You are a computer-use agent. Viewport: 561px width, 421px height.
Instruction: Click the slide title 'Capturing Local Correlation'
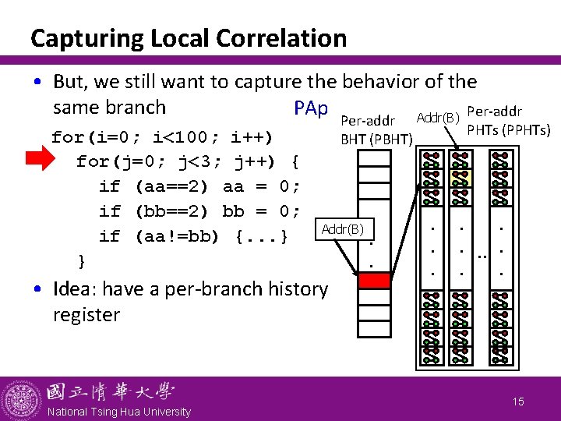click(x=188, y=37)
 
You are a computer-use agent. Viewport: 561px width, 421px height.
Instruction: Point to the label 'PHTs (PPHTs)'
click(x=508, y=129)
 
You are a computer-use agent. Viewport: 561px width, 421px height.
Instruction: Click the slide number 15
click(x=518, y=402)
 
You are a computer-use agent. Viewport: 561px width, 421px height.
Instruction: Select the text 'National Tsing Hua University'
click(x=119, y=412)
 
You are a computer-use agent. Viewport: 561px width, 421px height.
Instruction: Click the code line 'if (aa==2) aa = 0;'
click(x=199, y=186)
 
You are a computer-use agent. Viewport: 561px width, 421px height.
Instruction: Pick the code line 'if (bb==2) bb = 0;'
click(x=199, y=211)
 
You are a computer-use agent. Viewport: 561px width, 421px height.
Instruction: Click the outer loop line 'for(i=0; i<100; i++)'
click(x=162, y=137)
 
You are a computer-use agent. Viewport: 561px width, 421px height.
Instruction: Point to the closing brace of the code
click(x=81, y=260)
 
